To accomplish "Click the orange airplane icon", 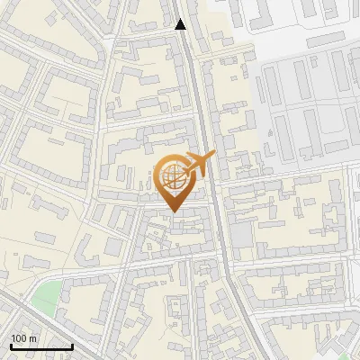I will (x=198, y=164).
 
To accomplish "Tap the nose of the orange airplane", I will (x=212, y=157).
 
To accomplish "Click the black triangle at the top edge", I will (x=181, y=24).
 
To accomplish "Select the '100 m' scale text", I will (x=23, y=338).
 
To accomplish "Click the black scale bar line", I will (x=40, y=346).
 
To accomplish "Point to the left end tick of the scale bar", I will (x=10, y=345).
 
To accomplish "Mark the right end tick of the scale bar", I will (x=72, y=345).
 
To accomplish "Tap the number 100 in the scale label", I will (x=19, y=338).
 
